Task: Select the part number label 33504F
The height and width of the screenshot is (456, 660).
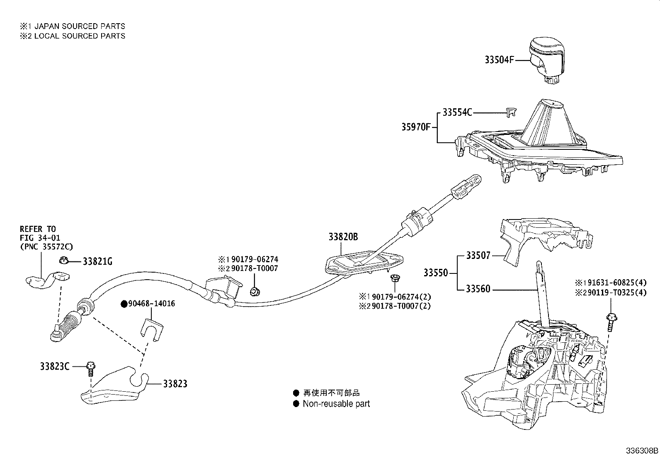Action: click(x=499, y=60)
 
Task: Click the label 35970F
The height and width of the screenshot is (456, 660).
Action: click(x=416, y=127)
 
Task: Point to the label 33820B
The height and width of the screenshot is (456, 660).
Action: click(x=343, y=237)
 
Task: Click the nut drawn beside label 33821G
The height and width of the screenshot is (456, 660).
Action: click(x=63, y=261)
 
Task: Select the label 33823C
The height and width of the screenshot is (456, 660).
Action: click(x=55, y=366)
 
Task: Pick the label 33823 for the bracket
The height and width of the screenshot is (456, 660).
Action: click(x=175, y=384)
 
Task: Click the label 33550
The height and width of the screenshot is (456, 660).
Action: click(x=436, y=273)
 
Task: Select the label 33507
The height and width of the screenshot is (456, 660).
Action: click(x=478, y=256)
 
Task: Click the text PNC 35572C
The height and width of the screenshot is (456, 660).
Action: click(x=46, y=247)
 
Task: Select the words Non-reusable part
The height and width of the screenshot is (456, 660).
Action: click(x=336, y=404)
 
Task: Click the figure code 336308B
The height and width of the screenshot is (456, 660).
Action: click(x=642, y=451)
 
